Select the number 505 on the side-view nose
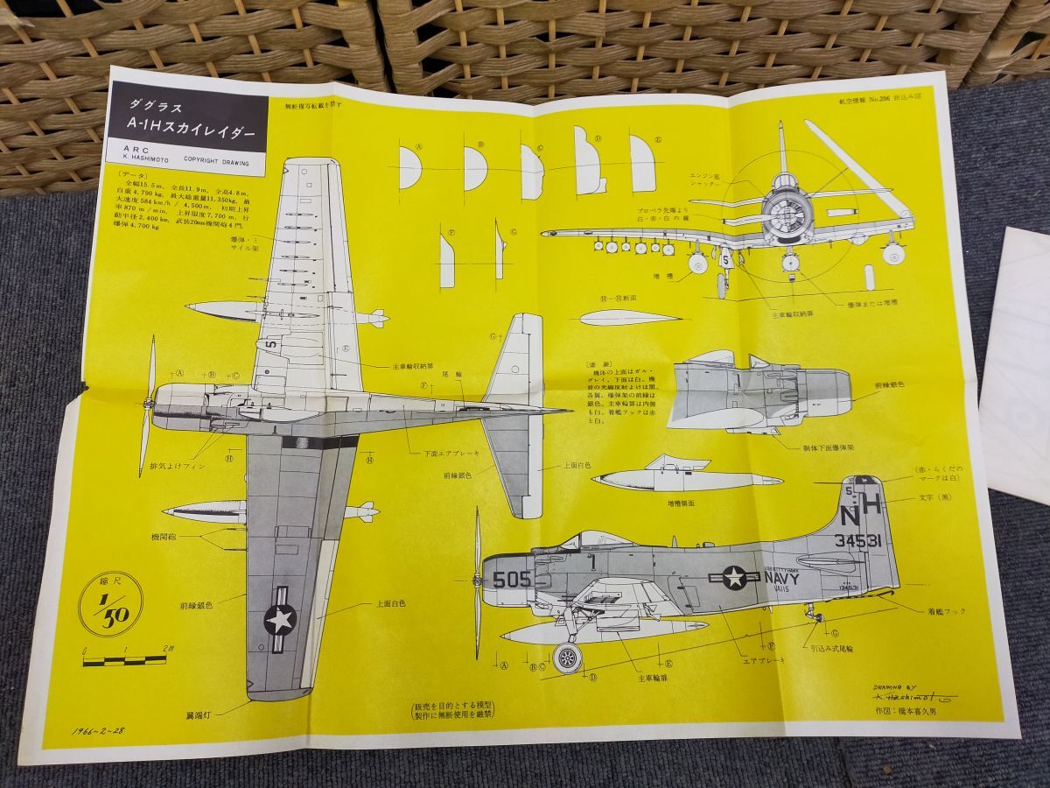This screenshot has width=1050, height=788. click(x=511, y=579)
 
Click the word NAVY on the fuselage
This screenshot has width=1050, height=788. click(x=781, y=577)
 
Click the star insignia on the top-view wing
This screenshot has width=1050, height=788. click(x=280, y=618)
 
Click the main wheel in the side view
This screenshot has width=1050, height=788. click(x=568, y=658)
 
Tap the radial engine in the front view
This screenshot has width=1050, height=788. click(x=785, y=215)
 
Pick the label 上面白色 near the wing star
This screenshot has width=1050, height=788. click(x=390, y=603)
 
